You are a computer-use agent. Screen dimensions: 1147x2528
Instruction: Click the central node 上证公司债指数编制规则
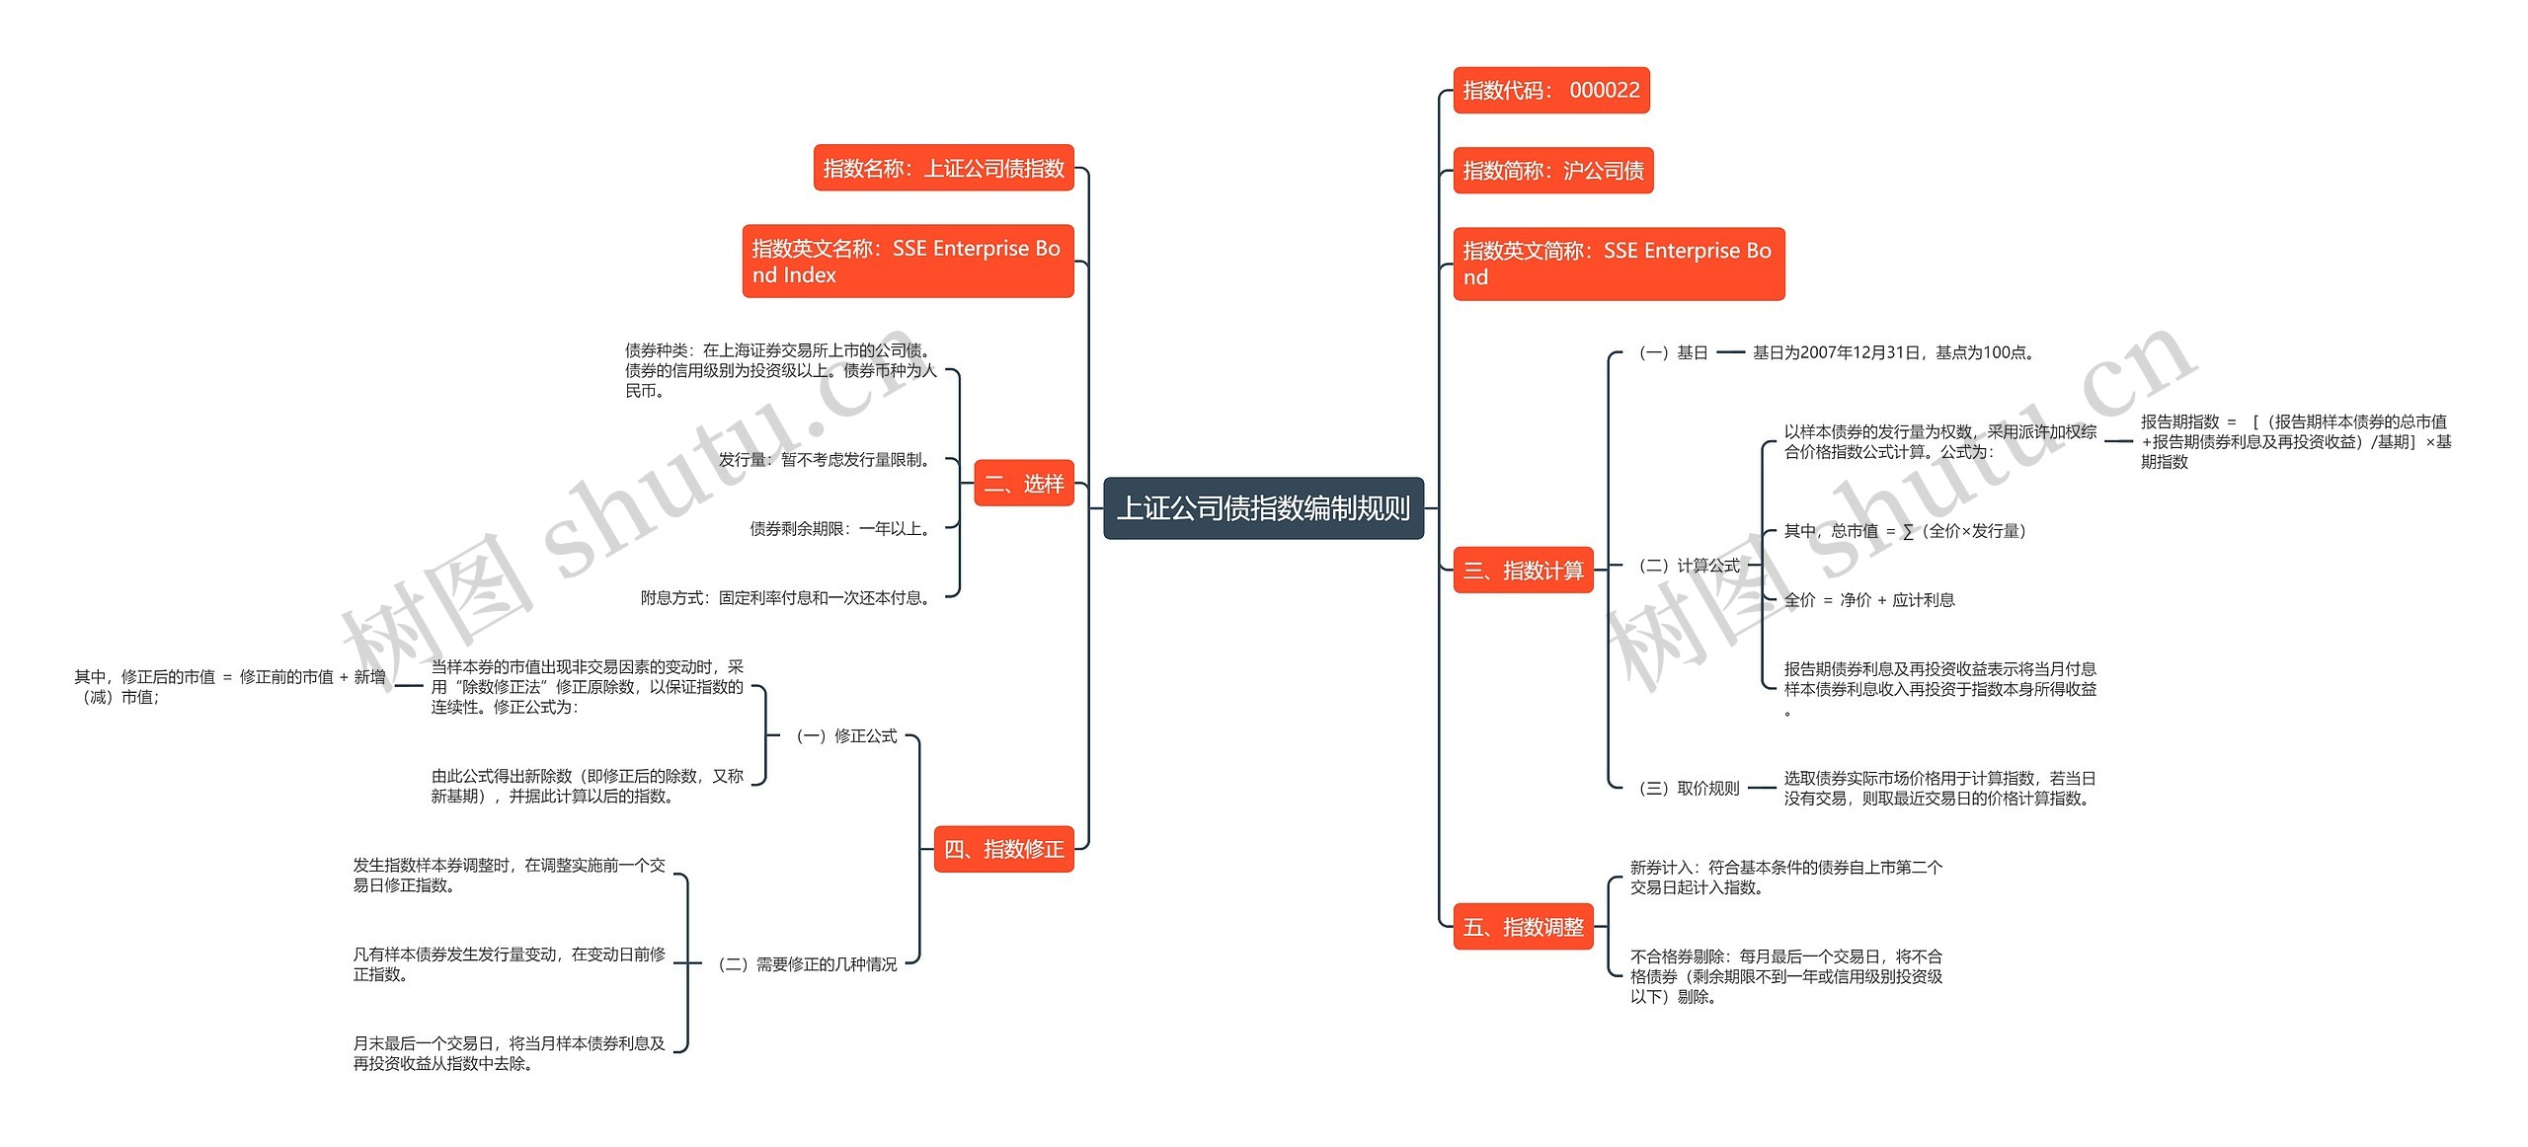[1263, 508]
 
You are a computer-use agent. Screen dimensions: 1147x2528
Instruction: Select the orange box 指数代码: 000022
[1550, 91]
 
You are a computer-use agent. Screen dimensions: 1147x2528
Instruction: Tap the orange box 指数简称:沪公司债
[1552, 171]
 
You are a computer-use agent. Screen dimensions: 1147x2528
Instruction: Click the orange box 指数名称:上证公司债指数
[943, 169]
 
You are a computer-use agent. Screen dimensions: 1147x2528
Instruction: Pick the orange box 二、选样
[1023, 484]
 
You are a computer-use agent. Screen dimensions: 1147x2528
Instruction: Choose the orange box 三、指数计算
[1523, 571]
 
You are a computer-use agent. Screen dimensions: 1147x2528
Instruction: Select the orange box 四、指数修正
[1003, 849]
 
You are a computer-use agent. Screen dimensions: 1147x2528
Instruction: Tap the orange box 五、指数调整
[1523, 927]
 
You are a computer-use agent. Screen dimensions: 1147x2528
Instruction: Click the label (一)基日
[1673, 352]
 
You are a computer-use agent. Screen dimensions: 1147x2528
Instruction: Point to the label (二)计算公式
[1689, 566]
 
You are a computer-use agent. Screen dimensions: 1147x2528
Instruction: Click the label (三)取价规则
[1689, 789]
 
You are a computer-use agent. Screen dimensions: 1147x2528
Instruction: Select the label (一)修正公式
[846, 736]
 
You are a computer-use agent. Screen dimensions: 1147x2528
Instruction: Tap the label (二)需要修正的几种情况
[808, 964]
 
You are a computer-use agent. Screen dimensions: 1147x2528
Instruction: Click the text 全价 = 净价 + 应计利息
[1869, 600]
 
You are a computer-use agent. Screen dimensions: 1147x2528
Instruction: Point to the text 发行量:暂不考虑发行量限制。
[826, 460]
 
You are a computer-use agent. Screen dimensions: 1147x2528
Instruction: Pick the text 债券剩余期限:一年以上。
[841, 529]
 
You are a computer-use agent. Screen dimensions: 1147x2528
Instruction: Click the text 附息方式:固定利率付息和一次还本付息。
[787, 598]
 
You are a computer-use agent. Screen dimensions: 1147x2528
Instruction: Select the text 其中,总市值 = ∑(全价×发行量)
[1905, 531]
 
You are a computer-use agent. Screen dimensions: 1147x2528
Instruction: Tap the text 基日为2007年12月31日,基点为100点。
[1893, 352]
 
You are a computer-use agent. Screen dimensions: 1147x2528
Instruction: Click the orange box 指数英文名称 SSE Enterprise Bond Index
[907, 262]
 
